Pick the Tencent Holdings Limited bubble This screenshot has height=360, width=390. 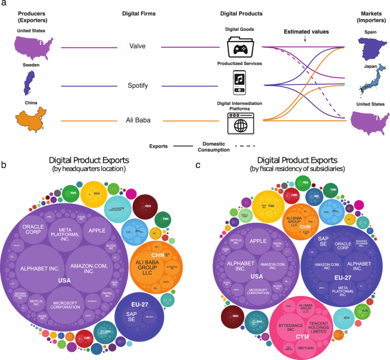[319, 309]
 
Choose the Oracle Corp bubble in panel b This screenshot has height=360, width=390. [38, 230]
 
